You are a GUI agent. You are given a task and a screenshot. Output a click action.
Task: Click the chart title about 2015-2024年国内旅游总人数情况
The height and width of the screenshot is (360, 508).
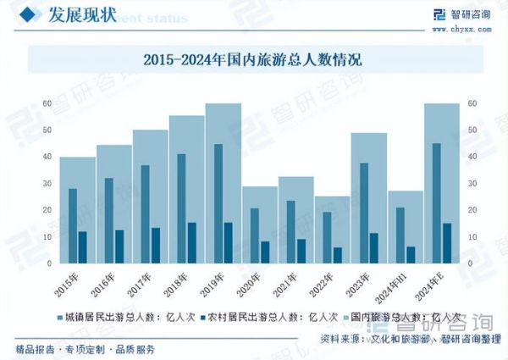click(253, 59)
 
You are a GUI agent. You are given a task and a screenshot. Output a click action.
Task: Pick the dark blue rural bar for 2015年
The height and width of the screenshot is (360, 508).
click(82, 246)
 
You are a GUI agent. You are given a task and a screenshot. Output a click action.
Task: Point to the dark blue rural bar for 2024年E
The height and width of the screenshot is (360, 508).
click(446, 243)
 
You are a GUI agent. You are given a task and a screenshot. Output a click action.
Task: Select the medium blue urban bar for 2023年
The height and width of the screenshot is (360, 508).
click(364, 212)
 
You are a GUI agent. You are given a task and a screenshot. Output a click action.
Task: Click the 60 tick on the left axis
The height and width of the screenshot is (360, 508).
click(47, 104)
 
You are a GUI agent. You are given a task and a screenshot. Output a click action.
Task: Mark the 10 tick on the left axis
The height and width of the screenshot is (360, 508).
click(47, 237)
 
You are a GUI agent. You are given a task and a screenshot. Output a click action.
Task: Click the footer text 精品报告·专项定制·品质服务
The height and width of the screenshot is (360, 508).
click(86, 349)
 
